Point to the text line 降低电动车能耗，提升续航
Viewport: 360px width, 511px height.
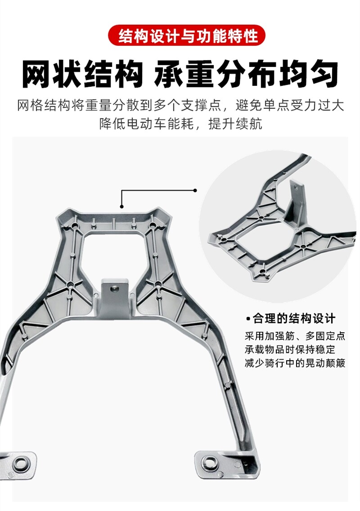click(180, 123)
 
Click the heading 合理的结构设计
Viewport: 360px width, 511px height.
click(294, 319)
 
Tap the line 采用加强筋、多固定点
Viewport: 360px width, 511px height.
click(295, 336)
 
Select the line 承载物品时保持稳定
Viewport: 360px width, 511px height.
click(290, 350)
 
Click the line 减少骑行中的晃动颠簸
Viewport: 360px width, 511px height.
click(295, 363)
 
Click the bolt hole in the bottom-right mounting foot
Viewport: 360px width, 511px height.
click(209, 461)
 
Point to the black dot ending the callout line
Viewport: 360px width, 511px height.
click(195, 190)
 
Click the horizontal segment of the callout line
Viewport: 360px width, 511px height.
click(157, 190)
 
